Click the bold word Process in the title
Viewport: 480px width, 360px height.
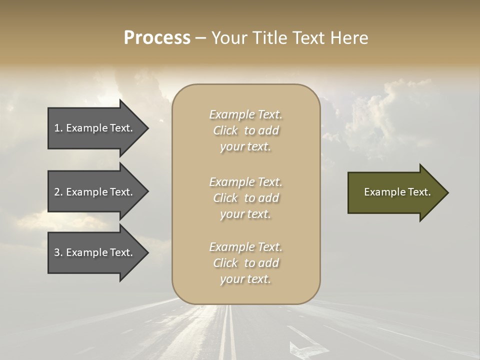(x=157, y=38)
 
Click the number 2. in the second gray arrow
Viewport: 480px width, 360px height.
(x=58, y=192)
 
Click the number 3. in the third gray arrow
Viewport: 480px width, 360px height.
(x=58, y=252)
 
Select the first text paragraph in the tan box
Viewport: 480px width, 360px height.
(x=245, y=130)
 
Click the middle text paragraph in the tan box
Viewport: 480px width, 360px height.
(x=245, y=198)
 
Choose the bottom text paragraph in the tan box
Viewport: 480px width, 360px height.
(x=245, y=263)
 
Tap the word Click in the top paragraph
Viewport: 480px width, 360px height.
(x=225, y=130)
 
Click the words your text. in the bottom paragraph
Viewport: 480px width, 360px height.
(x=245, y=279)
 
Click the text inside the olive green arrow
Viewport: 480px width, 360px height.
(x=397, y=192)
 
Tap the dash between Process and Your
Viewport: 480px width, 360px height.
(x=200, y=38)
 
